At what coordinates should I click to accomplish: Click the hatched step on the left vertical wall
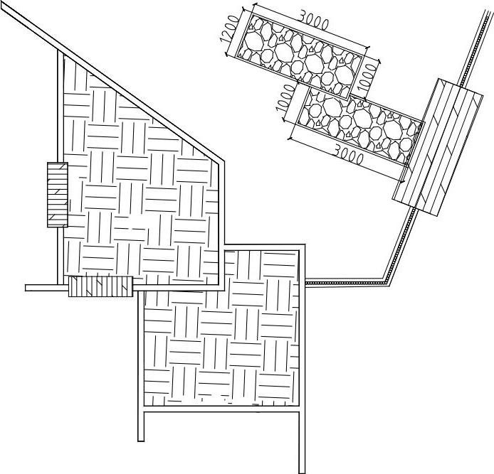[57, 194]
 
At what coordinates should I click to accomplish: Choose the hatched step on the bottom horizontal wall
[100, 287]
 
